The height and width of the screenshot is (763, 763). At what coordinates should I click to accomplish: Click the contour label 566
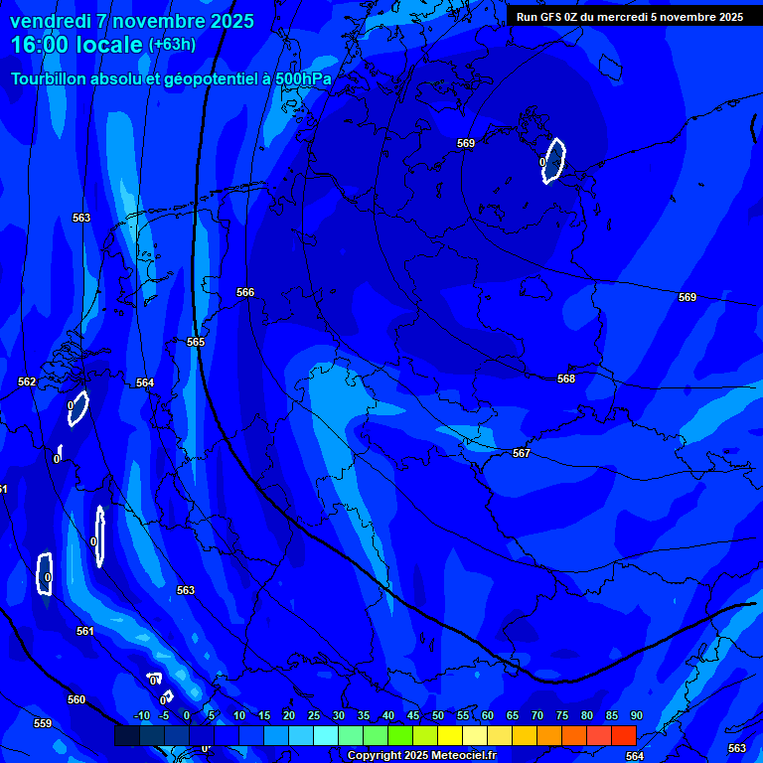click(245, 292)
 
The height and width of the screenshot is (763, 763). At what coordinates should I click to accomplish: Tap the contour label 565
click(196, 342)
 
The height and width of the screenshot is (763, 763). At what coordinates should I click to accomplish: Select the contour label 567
click(522, 453)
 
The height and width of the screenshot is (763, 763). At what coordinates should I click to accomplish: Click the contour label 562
click(27, 381)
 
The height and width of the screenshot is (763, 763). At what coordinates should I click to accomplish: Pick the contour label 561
click(85, 631)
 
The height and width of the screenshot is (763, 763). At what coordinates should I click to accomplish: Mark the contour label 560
click(76, 699)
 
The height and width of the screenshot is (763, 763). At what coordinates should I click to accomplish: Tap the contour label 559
click(43, 723)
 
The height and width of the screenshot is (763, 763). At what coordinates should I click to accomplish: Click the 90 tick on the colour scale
click(636, 715)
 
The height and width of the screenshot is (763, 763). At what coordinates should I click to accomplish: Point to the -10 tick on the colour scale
click(142, 715)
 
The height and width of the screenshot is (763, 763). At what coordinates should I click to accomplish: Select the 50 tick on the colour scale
click(438, 715)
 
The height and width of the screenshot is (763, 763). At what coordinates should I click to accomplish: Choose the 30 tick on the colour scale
click(339, 715)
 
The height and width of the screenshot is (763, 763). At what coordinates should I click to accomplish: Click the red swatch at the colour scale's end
click(623, 735)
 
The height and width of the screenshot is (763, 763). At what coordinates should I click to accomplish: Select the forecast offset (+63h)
click(172, 45)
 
